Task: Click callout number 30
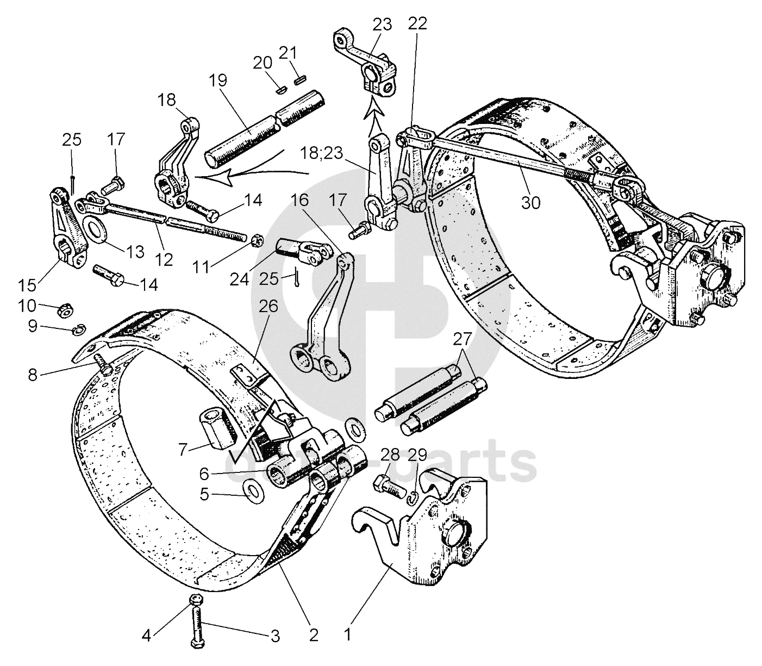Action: tap(530, 202)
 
